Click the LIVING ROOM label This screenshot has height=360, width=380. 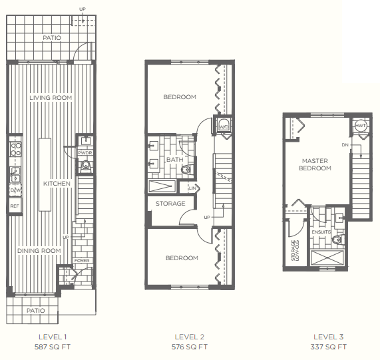tap(51, 98)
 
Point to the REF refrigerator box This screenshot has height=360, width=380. tap(15, 206)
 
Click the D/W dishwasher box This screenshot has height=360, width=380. tap(15, 191)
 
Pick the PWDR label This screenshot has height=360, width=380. tap(85, 153)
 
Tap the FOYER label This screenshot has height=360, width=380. tap(82, 261)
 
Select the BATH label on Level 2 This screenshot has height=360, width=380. tap(174, 160)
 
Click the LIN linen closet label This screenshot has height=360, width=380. tap(192, 189)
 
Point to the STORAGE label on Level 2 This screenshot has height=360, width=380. tap(170, 204)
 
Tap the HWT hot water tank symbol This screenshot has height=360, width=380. tap(361, 126)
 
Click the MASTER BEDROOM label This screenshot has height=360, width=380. tap(316, 164)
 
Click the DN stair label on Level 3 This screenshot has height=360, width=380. tap(345, 144)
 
